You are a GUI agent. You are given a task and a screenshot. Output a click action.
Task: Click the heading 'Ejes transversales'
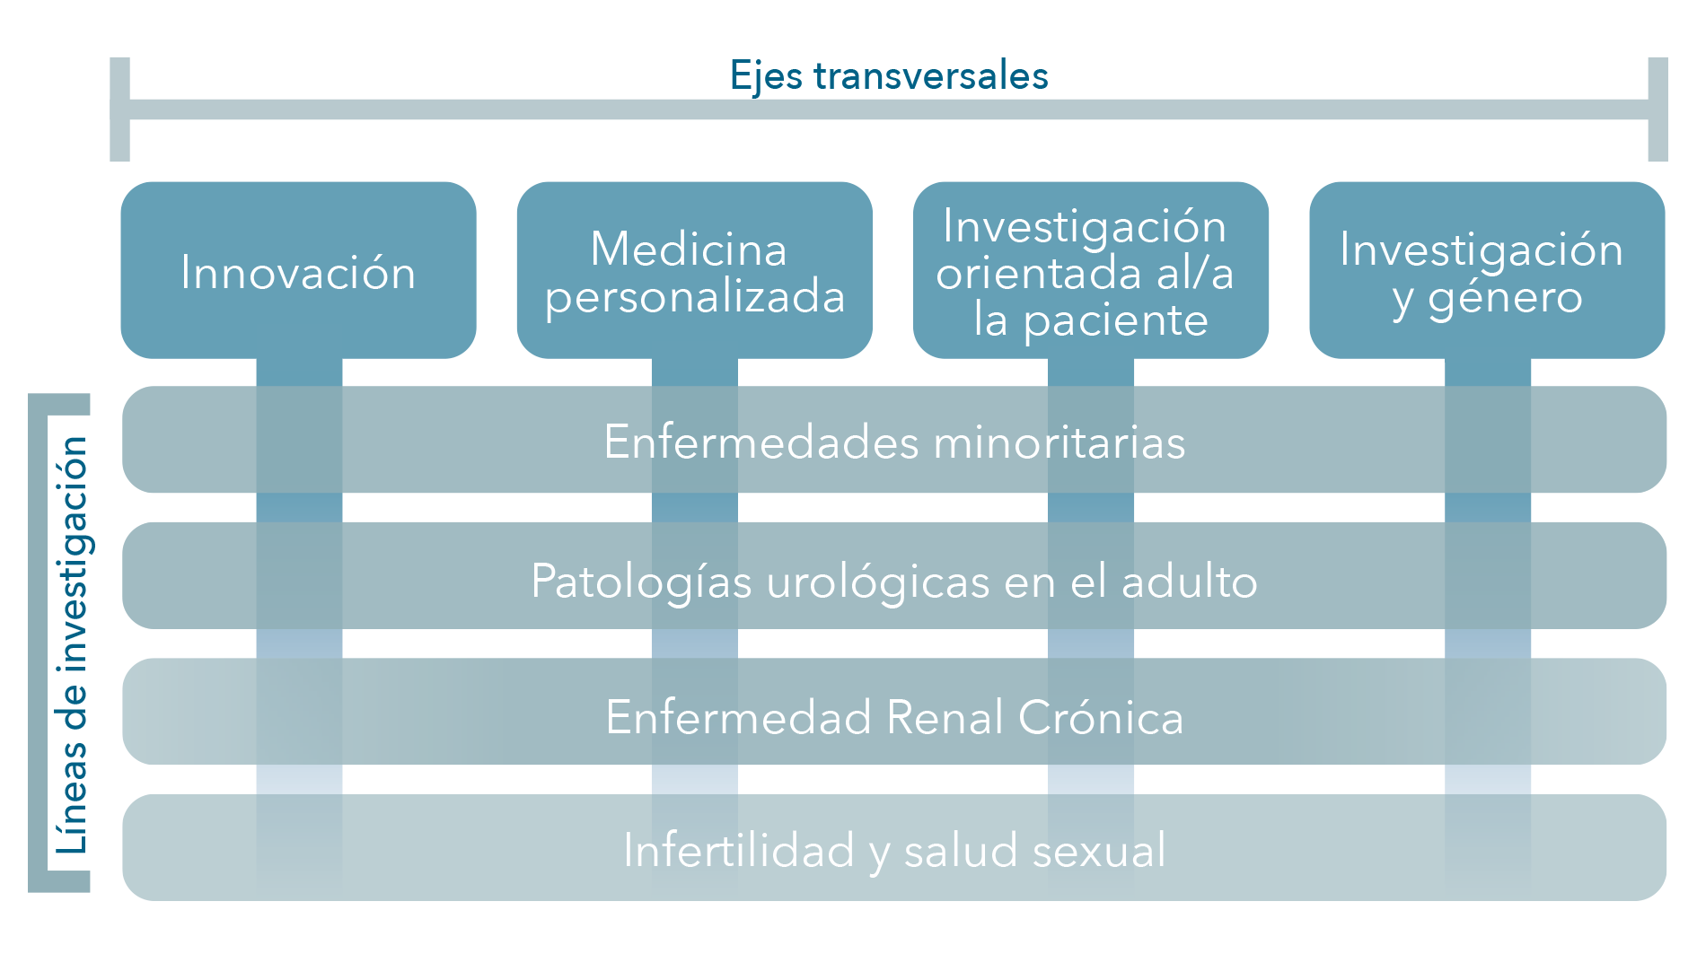[889, 75]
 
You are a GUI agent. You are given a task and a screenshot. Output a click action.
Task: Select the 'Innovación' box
[299, 270]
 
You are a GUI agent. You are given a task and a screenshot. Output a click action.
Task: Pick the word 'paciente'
[1116, 321]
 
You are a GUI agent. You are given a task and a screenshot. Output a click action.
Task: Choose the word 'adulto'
[1190, 581]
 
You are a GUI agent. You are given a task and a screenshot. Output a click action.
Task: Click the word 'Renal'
[945, 717]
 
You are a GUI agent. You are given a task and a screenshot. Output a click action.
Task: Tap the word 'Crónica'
[1101, 717]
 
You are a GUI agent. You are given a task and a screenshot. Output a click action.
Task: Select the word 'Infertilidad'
[739, 850]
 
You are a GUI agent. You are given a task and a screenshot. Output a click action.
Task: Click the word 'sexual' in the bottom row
[1099, 851]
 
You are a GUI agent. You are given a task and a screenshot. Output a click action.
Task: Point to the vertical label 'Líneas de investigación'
[72, 644]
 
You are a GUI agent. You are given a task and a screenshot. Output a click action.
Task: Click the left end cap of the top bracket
[120, 109]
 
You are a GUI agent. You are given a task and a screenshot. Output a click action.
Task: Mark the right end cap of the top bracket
[1657, 109]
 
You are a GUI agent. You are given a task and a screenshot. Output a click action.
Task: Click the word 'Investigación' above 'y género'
[1482, 250]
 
